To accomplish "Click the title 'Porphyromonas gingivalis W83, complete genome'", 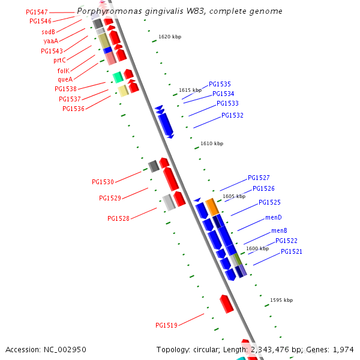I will (179, 11).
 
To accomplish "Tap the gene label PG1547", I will (37, 12).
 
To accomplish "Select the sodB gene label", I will (49, 32).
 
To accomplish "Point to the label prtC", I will (59, 60).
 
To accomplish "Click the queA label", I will (65, 79).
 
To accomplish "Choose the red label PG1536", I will (73, 109).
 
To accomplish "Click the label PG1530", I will (103, 182).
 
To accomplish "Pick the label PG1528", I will (118, 218).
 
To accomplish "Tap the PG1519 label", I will (166, 325).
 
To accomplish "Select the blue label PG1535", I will (220, 85).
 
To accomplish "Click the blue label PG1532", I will (232, 115).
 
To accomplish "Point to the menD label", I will (273, 217).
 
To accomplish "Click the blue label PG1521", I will (292, 251).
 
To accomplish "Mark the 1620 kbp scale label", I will (170, 37).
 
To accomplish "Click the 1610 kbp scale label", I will (212, 143).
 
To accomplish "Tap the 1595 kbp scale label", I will (281, 300).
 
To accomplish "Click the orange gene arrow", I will (212, 207).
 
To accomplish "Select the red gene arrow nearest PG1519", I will (226, 304).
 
